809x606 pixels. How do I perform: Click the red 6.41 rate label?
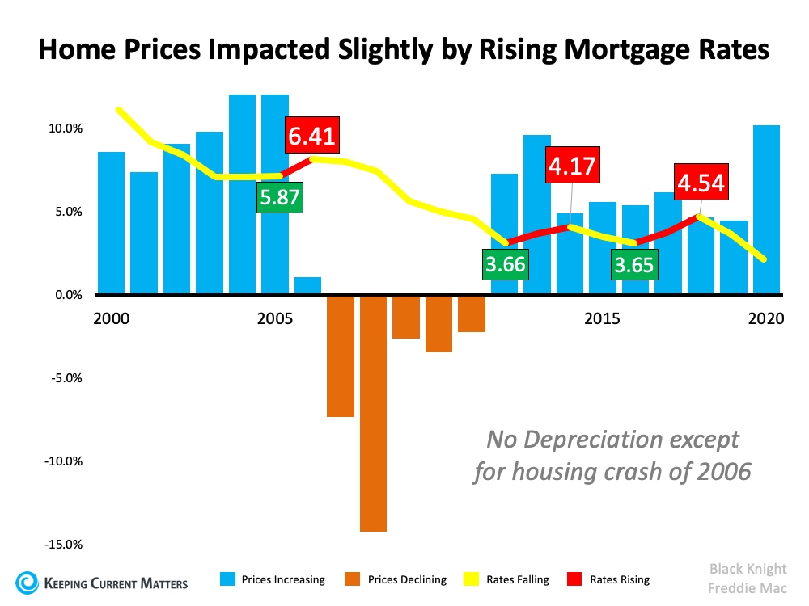point(312,135)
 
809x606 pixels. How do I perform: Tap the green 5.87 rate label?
point(280,197)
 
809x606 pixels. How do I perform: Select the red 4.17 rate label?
point(573,165)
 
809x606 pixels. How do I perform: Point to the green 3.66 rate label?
point(505,264)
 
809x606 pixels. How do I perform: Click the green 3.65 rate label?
point(634,264)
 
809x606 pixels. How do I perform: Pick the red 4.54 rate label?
point(701,182)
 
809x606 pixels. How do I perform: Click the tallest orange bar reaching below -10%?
point(374,413)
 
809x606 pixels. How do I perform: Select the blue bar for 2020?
point(767,209)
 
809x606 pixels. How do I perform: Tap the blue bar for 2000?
point(112,223)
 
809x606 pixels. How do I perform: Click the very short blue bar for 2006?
point(308,285)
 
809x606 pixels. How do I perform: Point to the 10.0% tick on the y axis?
point(66,128)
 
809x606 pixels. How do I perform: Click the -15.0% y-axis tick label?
point(63,544)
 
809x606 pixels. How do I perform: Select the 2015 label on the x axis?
point(602,318)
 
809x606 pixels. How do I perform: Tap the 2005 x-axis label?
point(275,318)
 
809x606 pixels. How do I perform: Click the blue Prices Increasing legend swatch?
point(227,579)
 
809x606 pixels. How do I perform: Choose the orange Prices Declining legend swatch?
point(353,579)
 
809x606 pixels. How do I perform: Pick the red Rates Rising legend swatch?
point(574,579)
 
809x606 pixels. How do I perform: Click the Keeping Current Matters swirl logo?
point(27,583)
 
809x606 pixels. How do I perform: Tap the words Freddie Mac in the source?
point(748,588)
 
